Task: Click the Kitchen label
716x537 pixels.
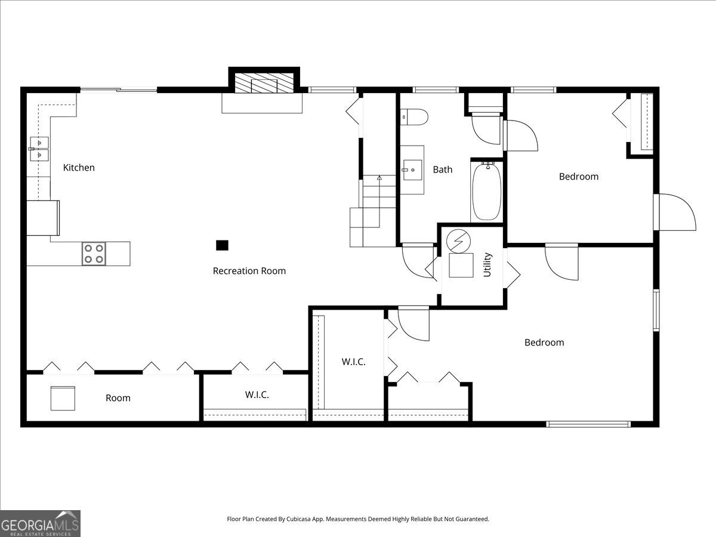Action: (x=79, y=168)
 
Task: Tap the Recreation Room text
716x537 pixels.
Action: (x=249, y=271)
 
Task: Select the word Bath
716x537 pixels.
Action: (x=443, y=169)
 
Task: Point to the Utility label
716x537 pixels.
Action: (x=487, y=265)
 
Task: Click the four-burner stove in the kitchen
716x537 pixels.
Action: (x=94, y=254)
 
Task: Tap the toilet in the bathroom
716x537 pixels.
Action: (x=414, y=117)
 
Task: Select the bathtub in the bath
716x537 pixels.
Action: (x=487, y=192)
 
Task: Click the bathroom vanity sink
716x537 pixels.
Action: (x=412, y=170)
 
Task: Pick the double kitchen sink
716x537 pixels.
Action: (x=39, y=149)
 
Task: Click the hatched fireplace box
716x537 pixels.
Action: (x=264, y=83)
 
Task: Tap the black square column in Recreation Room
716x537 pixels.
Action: (x=222, y=245)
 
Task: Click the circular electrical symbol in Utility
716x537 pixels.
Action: (x=459, y=241)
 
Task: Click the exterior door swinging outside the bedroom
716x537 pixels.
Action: (x=675, y=212)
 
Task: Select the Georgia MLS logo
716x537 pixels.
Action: (x=40, y=524)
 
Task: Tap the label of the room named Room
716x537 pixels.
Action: (x=118, y=398)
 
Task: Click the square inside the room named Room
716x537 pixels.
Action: (x=63, y=399)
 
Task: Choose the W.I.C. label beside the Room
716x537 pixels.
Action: (x=257, y=395)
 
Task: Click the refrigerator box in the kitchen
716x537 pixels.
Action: (x=43, y=218)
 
